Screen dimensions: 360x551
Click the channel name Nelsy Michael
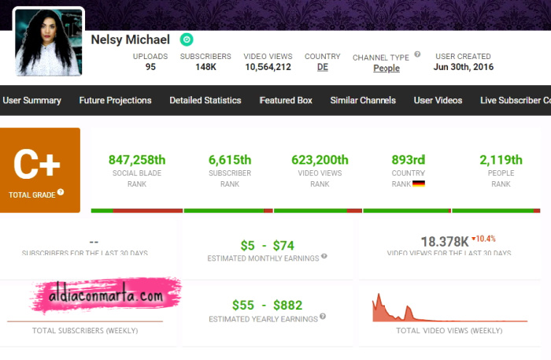130,39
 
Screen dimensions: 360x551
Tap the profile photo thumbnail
48,43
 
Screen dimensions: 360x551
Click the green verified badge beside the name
187,39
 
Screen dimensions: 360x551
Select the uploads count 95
150,67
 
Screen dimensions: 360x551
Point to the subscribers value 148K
205,67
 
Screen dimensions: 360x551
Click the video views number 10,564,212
268,67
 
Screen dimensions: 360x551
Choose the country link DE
323,67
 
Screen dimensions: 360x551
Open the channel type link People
386,69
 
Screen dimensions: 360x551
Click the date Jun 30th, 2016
463,67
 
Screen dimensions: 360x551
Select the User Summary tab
31,101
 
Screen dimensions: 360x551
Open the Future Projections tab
115,101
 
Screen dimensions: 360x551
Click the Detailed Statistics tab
205,101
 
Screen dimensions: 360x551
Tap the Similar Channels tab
363,101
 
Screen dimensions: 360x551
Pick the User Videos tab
438,101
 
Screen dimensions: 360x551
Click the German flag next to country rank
419,184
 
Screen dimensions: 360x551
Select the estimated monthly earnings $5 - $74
267,245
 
